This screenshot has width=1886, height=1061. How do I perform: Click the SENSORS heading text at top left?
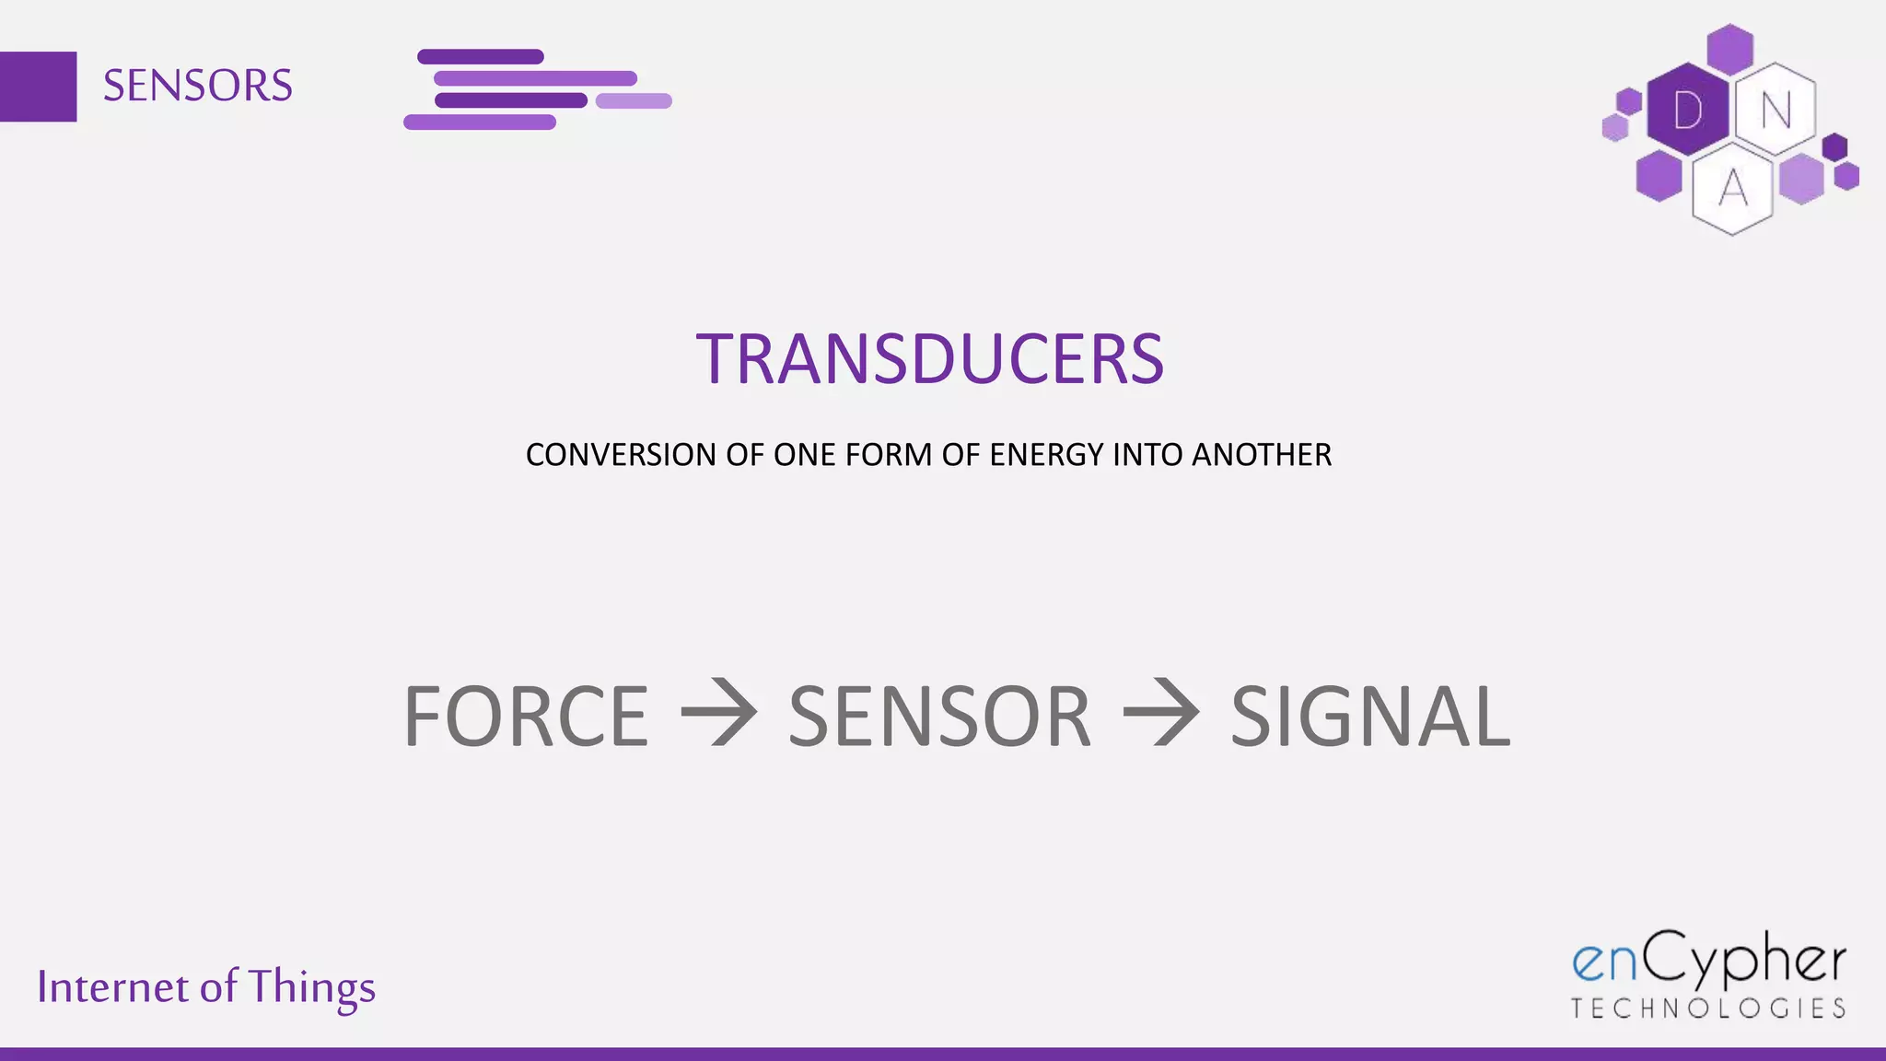click(197, 86)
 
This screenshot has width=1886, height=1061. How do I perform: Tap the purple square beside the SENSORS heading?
click(38, 87)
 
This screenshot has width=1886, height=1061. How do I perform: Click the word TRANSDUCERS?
click(930, 359)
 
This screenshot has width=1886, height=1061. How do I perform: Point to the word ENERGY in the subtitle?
click(1046, 455)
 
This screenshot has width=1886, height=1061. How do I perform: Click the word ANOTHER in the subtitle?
click(1262, 455)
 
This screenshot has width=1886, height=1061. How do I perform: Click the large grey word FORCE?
click(526, 717)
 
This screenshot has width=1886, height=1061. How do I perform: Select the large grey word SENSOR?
click(939, 717)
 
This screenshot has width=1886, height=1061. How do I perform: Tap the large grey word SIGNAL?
click(1370, 717)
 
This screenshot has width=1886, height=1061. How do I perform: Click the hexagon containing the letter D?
click(1687, 111)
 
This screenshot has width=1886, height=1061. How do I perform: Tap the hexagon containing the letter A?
click(1732, 189)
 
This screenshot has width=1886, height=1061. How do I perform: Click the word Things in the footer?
click(311, 987)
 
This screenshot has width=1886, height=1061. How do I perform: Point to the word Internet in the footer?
click(112, 987)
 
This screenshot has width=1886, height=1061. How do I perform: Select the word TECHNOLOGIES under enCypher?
click(1708, 1009)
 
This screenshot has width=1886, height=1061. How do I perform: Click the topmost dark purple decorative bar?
click(481, 57)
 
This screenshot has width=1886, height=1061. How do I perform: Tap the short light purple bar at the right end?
click(634, 101)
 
